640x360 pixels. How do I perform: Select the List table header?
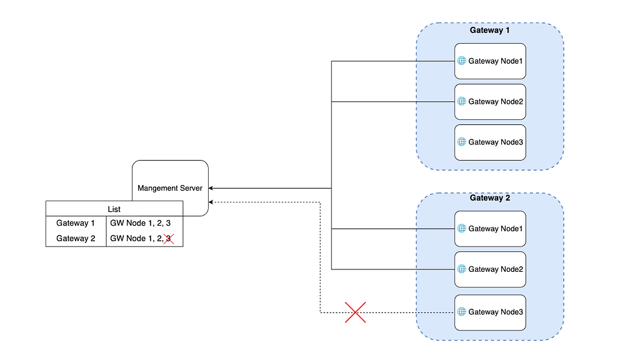[x=114, y=209]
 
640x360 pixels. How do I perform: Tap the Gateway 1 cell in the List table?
[x=76, y=223]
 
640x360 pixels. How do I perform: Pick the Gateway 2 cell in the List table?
[x=76, y=238]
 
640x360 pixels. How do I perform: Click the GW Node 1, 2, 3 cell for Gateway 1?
[x=141, y=223]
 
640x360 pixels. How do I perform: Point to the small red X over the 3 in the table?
[x=169, y=239]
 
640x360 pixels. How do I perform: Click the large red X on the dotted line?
[x=355, y=312]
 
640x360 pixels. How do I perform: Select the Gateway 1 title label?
[x=489, y=30]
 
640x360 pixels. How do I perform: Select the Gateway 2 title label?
[x=490, y=198]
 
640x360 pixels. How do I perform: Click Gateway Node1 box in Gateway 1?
[x=490, y=61]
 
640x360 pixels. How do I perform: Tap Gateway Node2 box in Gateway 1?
[x=490, y=102]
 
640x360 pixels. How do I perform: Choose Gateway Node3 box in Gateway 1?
[x=490, y=142]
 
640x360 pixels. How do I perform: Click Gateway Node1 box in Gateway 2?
[x=490, y=229]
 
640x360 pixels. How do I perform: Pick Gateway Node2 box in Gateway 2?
[x=490, y=269]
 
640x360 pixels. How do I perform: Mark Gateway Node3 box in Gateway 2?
[x=490, y=312]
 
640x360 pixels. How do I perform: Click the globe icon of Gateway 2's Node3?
[x=462, y=312]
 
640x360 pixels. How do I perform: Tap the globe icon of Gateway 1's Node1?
[x=462, y=61]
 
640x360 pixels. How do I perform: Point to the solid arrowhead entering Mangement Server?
[x=211, y=188]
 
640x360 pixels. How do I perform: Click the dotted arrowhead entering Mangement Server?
[x=211, y=202]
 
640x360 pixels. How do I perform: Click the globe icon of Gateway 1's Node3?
[x=462, y=142]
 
